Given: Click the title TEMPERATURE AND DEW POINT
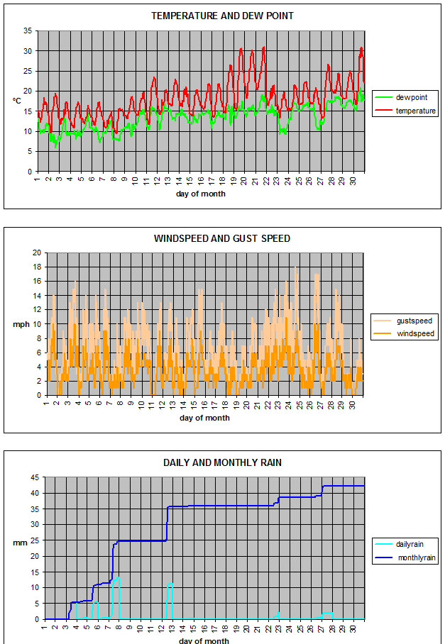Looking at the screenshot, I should [222, 16].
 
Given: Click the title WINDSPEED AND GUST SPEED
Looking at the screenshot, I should [222, 238].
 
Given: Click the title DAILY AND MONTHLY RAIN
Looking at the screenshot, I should [222, 462].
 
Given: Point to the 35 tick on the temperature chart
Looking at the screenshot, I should [28, 31].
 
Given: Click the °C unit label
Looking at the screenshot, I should [17, 101].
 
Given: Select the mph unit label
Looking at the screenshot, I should [20, 325].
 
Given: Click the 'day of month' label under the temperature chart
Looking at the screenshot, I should [201, 194].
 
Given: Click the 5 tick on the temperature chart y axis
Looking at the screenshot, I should [29, 151].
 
